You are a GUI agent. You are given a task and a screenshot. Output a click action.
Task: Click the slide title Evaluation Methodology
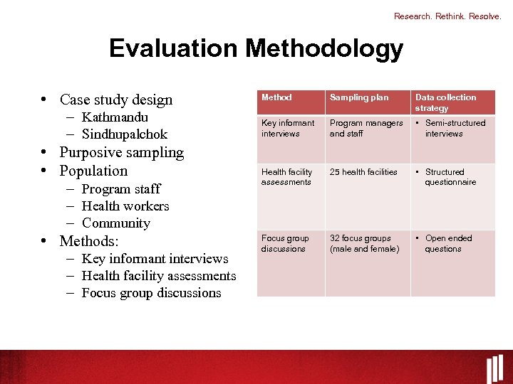pyautogui.click(x=256, y=48)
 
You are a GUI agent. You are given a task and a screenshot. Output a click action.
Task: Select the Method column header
pyautogui.click(x=276, y=97)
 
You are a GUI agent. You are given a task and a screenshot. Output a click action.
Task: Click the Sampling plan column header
pyautogui.click(x=359, y=97)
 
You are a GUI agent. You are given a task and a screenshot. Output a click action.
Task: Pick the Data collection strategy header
pyautogui.click(x=446, y=102)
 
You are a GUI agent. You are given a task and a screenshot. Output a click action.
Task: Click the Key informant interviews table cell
pyautogui.click(x=288, y=128)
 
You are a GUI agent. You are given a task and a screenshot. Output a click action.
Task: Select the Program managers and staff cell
pyautogui.click(x=366, y=128)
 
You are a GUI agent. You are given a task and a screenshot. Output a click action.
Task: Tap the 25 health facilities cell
pyautogui.click(x=363, y=172)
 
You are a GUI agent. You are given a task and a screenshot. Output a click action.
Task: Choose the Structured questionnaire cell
pyautogui.click(x=450, y=177)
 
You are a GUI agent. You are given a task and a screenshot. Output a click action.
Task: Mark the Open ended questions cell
pyautogui.click(x=448, y=243)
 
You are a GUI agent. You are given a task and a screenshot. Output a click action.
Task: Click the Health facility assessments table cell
pyautogui.click(x=286, y=177)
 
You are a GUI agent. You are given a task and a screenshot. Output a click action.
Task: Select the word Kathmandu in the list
pyautogui.click(x=115, y=117)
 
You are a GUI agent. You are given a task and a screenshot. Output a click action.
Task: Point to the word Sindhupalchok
pyautogui.click(x=125, y=134)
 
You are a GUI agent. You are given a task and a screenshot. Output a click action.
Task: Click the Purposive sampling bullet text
pyautogui.click(x=121, y=152)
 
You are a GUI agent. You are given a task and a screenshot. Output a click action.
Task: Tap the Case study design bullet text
pyautogui.click(x=116, y=100)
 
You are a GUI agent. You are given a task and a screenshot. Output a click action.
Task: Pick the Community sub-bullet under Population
pyautogui.click(x=116, y=223)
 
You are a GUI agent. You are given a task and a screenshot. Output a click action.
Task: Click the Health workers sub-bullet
pyautogui.click(x=125, y=206)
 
